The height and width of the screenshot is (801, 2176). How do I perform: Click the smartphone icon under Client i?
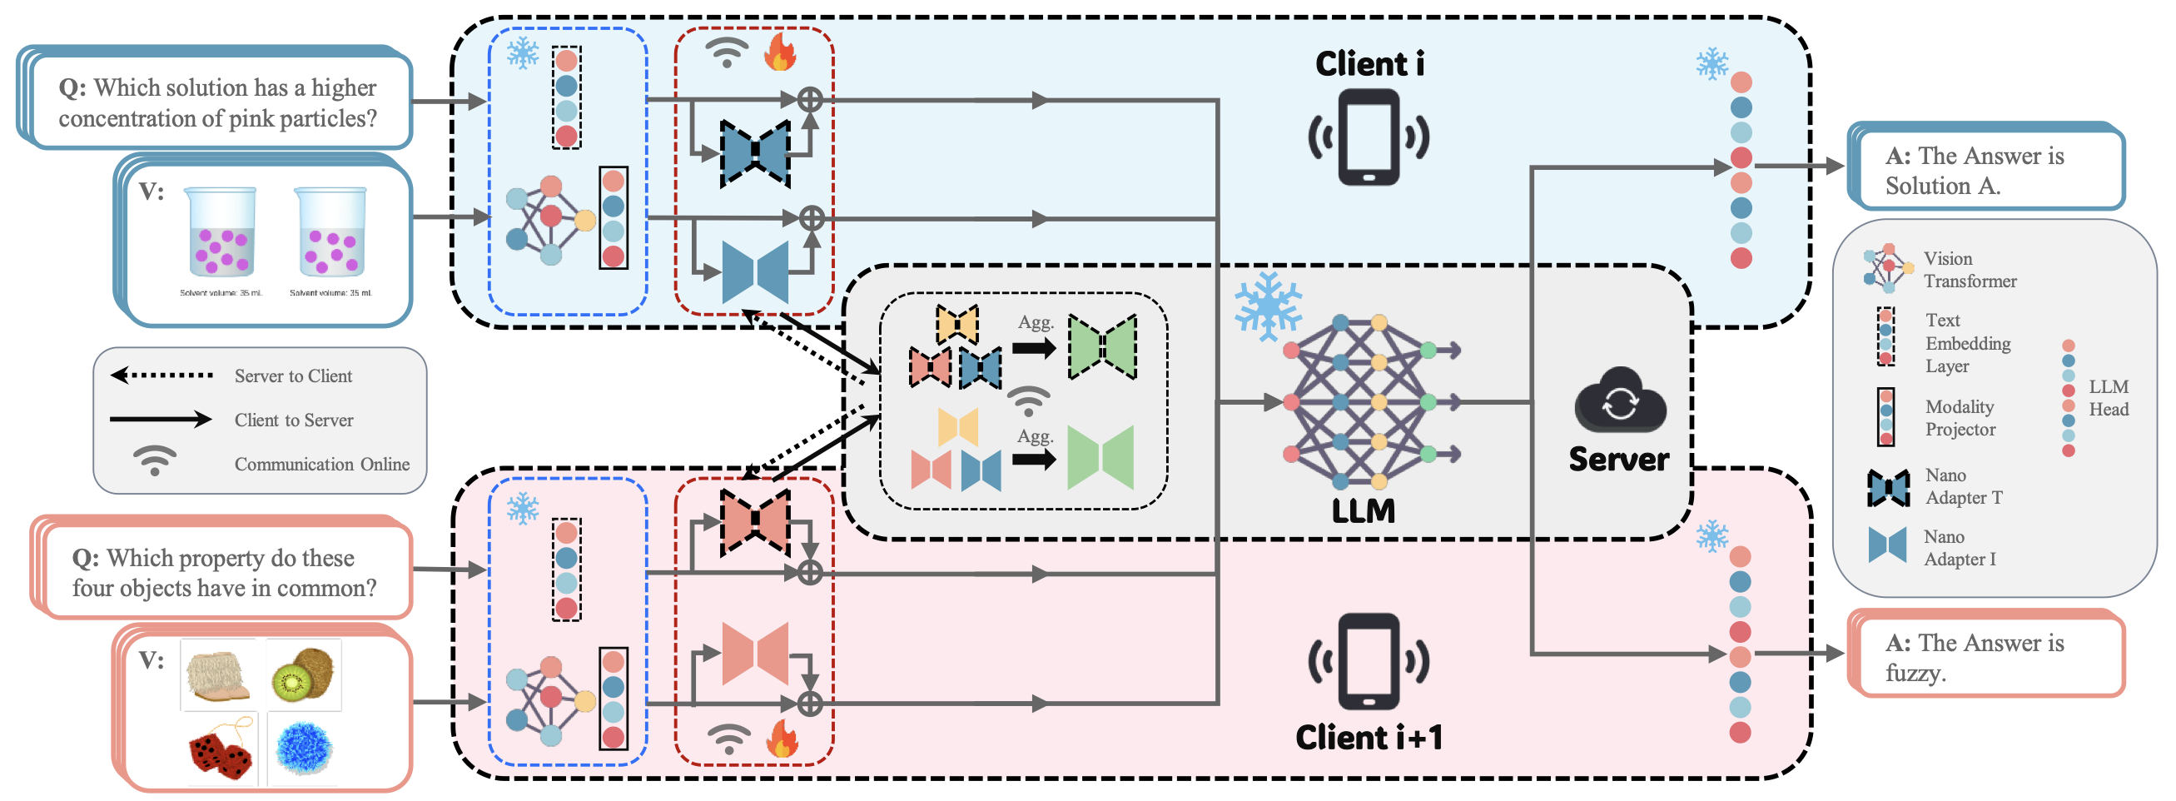pyautogui.click(x=1369, y=137)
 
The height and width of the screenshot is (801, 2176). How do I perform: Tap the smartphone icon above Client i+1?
pyautogui.click(x=1369, y=661)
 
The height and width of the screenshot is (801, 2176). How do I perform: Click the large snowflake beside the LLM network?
pyautogui.click(x=1267, y=306)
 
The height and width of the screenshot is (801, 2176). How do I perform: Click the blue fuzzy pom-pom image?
pyautogui.click(x=304, y=749)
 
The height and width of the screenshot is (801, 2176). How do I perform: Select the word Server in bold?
pyautogui.click(x=1618, y=459)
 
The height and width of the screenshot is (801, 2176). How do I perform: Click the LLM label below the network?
pyautogui.click(x=1363, y=511)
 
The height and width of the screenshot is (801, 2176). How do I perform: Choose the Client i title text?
pyautogui.click(x=1369, y=64)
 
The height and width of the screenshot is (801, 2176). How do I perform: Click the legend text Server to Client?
pyautogui.click(x=293, y=376)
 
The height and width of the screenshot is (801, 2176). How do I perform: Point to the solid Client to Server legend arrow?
pyautogui.click(x=161, y=419)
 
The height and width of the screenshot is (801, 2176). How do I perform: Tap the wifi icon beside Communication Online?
pyautogui.click(x=155, y=460)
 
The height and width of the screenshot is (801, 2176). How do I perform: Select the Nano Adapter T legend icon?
pyautogui.click(x=1889, y=488)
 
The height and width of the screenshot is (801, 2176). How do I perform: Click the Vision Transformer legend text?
pyautogui.click(x=1969, y=270)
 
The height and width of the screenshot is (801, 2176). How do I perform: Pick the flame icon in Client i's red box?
pyautogui.click(x=780, y=52)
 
